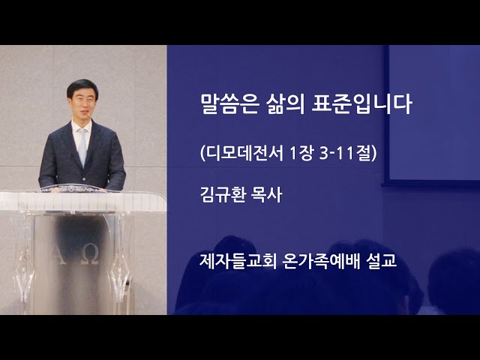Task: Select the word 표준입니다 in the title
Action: tap(361, 104)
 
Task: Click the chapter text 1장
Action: tap(301, 153)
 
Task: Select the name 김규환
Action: tap(223, 195)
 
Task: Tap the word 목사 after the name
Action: tap(266, 195)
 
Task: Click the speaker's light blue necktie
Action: tap(82, 146)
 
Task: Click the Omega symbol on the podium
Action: tap(91, 256)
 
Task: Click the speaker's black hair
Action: tap(82, 86)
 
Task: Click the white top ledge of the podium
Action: tap(82, 201)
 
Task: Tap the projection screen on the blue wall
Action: tap(432, 113)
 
